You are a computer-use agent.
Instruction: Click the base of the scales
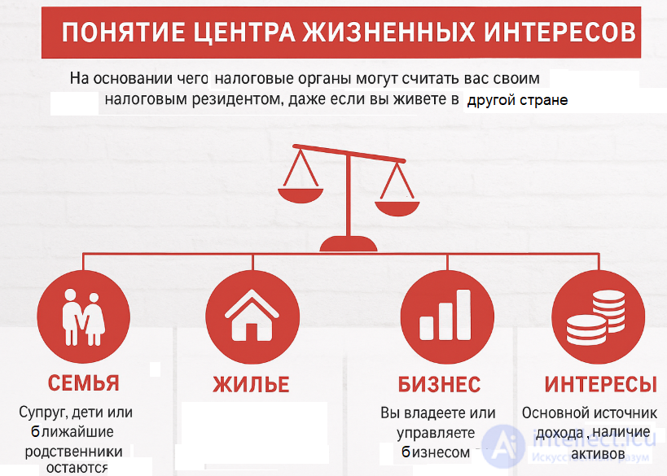pos(348,242)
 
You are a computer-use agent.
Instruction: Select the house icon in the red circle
pos(252,317)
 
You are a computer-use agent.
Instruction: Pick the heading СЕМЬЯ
pos(84,383)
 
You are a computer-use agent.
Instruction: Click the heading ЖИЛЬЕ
pos(252,384)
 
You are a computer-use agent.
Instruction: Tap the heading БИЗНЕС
pos(439,384)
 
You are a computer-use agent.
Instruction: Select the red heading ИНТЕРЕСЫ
pos(600,384)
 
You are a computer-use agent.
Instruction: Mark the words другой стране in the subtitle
pos(516,101)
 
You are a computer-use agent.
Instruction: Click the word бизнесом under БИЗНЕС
pos(436,452)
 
